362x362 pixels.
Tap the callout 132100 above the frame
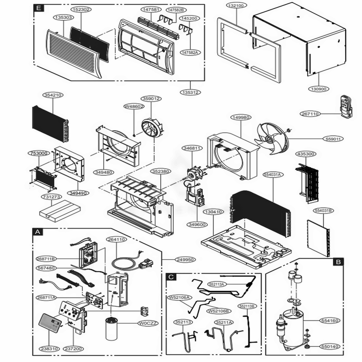(x=237, y=6)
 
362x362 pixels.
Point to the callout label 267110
(x=310, y=114)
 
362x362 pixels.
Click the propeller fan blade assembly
(x=272, y=138)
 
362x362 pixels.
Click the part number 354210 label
(x=53, y=95)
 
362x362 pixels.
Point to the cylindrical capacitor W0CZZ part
(x=113, y=328)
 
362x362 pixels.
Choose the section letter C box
(x=172, y=277)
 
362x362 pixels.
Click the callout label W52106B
(x=218, y=311)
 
